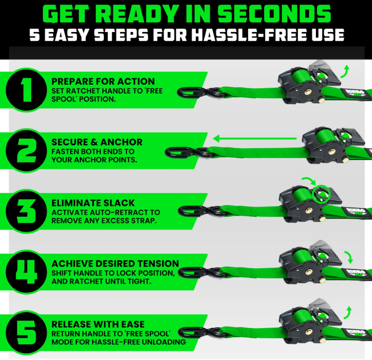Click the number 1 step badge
click(26, 90)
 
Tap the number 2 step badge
click(26, 150)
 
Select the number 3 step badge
click(26, 212)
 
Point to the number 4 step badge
click(26, 272)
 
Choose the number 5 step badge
click(26, 333)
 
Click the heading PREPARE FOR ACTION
click(103, 81)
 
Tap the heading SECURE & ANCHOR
click(97, 142)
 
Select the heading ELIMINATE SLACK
click(93, 203)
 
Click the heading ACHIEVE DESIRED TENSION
click(115, 264)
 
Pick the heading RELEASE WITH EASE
click(98, 324)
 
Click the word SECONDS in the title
click(274, 14)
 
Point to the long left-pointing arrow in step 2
click(255, 138)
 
